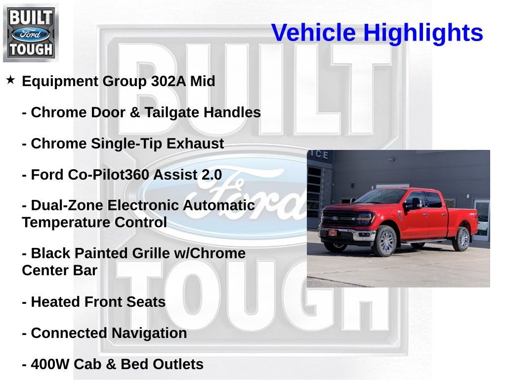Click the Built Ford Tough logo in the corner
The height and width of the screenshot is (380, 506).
(31, 33)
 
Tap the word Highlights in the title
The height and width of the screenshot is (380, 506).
(423, 33)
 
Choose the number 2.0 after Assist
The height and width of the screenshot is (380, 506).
(211, 175)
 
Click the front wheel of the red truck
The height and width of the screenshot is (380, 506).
(385, 241)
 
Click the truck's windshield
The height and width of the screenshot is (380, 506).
(379, 197)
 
